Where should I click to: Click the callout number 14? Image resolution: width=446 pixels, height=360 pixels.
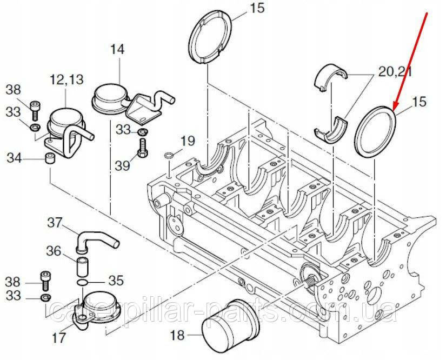click(117, 50)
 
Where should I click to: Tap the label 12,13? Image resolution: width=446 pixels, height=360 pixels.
click(67, 80)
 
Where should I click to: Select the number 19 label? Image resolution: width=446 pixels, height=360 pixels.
click(187, 142)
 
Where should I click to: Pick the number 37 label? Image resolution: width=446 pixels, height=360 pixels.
click(55, 222)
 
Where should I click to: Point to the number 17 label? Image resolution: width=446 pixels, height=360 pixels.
click(59, 338)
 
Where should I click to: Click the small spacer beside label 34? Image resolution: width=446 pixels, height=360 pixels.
click(49, 159)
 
